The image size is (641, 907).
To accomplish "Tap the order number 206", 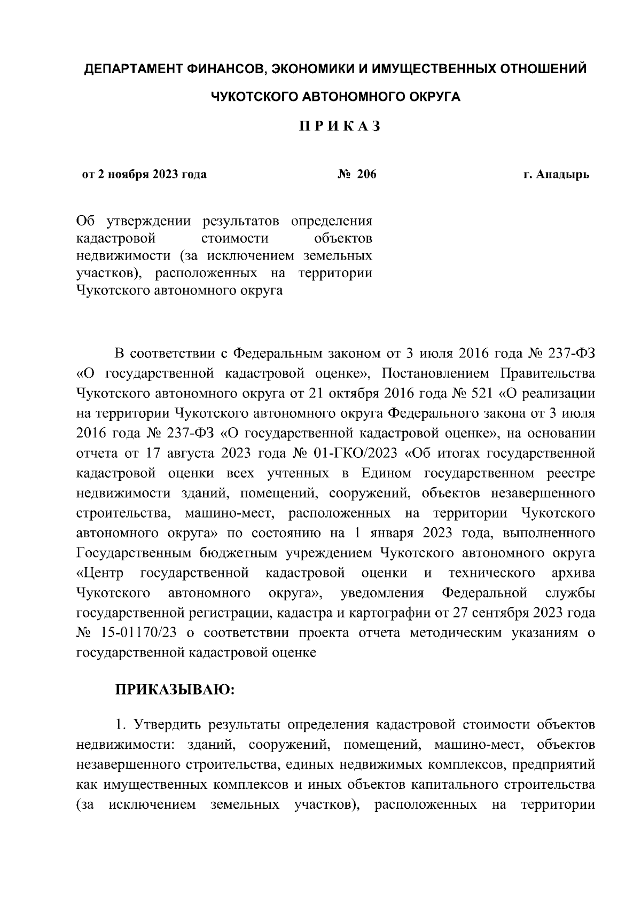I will click(x=366, y=174).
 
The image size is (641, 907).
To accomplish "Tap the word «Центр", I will click(x=100, y=573).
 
